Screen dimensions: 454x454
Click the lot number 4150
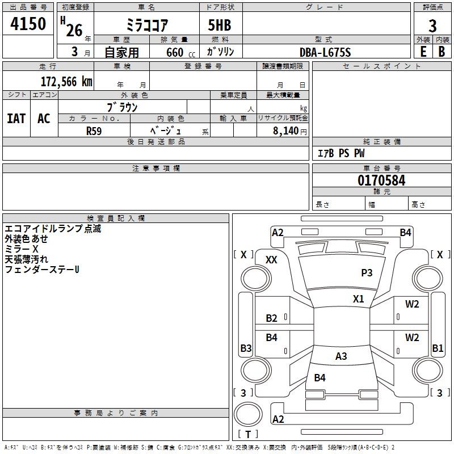[x=28, y=23]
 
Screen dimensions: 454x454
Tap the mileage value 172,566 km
[x=66, y=82]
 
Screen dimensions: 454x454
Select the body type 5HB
[x=220, y=25]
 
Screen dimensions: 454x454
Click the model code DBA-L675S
[x=325, y=52]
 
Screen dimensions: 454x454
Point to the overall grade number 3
[x=432, y=26]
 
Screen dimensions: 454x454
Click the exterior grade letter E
[x=423, y=52]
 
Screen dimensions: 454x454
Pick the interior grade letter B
[x=442, y=52]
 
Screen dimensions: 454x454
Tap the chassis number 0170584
[x=381, y=180]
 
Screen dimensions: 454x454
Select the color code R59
[x=94, y=131]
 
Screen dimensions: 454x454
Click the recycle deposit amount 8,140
[x=285, y=131]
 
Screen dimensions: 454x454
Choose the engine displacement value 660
[x=175, y=53]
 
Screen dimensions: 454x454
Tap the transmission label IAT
[x=16, y=119]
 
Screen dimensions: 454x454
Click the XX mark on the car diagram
[x=271, y=260]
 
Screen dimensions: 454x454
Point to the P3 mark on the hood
[x=367, y=272]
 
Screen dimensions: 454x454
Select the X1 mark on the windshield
[x=358, y=299]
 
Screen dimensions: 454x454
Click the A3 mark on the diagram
[x=341, y=356]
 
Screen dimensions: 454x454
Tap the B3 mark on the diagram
[x=246, y=348]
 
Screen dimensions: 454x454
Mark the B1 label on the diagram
[x=438, y=348]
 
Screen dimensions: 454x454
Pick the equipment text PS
[x=344, y=153]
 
